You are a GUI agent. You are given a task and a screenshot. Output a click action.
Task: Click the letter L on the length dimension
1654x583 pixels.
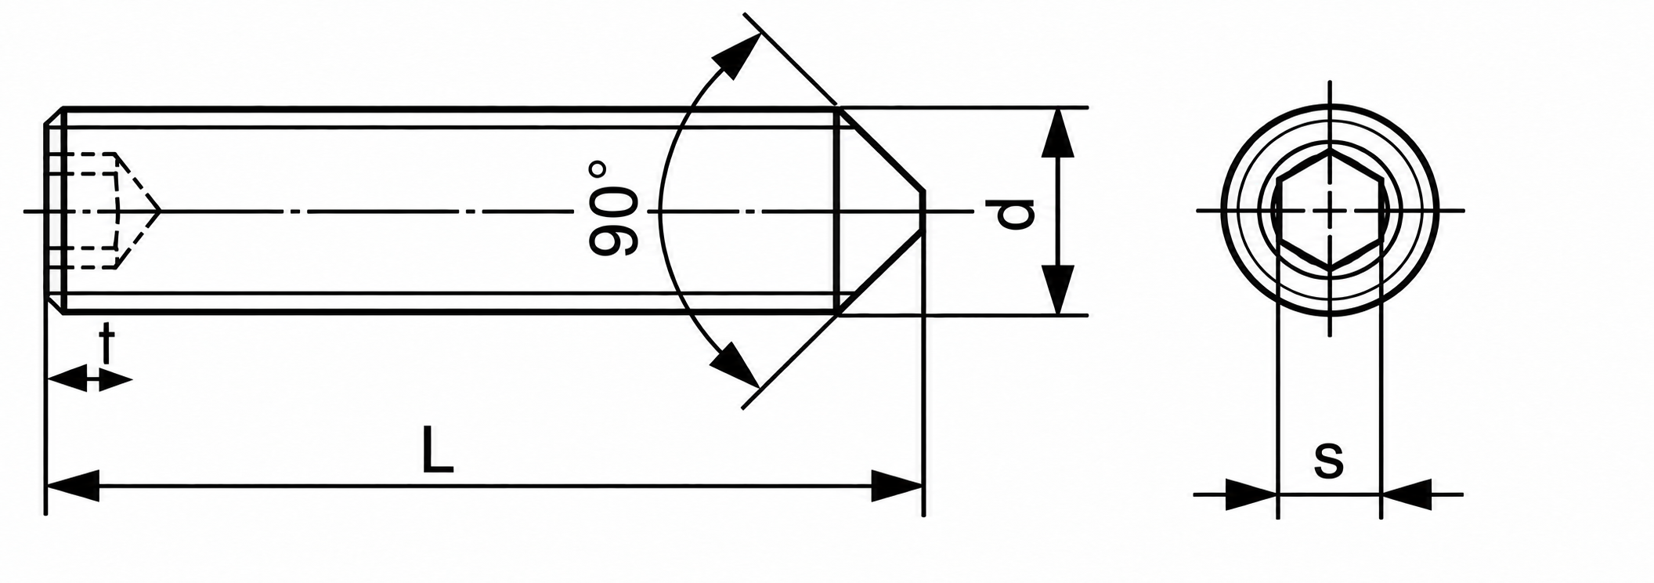pos(437,450)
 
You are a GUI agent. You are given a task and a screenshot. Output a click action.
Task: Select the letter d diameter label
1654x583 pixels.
pos(1016,214)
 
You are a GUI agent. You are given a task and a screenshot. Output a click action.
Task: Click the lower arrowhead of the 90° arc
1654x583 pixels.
pos(735,365)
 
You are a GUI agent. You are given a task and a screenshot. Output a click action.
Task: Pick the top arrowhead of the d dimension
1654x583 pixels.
pos(1058,133)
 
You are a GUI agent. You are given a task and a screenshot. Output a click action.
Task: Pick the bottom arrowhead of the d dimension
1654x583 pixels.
pos(1058,289)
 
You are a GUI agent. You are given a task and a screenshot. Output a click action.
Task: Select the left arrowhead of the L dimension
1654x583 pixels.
pos(73,486)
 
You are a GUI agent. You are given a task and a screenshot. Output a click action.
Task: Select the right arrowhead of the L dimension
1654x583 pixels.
pos(897,486)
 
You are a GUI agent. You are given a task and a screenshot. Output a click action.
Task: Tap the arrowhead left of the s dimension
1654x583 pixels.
pos(1251,494)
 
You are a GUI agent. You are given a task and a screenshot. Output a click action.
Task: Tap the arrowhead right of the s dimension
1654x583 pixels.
pos(1407,494)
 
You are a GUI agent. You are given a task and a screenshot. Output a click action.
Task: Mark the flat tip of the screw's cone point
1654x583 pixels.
pos(923,212)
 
